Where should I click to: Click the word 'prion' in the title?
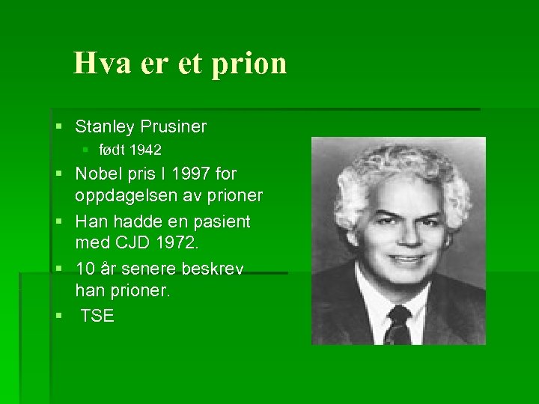(249, 64)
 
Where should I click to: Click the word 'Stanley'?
(104, 126)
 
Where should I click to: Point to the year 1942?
(144, 150)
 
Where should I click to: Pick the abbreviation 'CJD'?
(135, 243)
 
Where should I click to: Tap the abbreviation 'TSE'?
(97, 316)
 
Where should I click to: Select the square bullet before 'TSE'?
(59, 316)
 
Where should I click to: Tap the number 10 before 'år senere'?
(85, 269)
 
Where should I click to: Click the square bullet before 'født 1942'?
(87, 150)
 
